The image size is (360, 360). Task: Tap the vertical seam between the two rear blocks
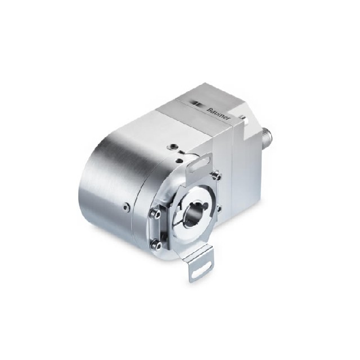tap(232, 163)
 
